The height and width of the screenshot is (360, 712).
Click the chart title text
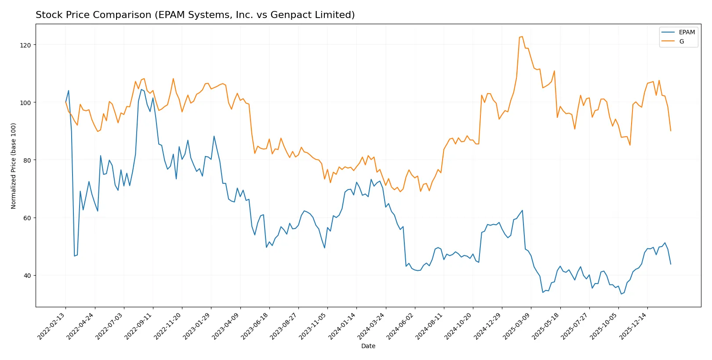point(195,15)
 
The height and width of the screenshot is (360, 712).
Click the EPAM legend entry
point(686,32)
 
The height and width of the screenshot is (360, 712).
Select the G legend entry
point(681,41)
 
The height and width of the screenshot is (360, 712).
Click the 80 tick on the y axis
point(27,160)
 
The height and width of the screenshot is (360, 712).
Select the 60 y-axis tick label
point(27,218)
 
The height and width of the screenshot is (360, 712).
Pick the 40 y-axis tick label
point(27,275)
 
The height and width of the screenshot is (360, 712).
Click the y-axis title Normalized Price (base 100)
point(14,166)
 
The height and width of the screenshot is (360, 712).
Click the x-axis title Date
point(368,346)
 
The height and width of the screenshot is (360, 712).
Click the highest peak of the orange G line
point(522,36)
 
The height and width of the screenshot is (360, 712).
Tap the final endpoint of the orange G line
point(671,131)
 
